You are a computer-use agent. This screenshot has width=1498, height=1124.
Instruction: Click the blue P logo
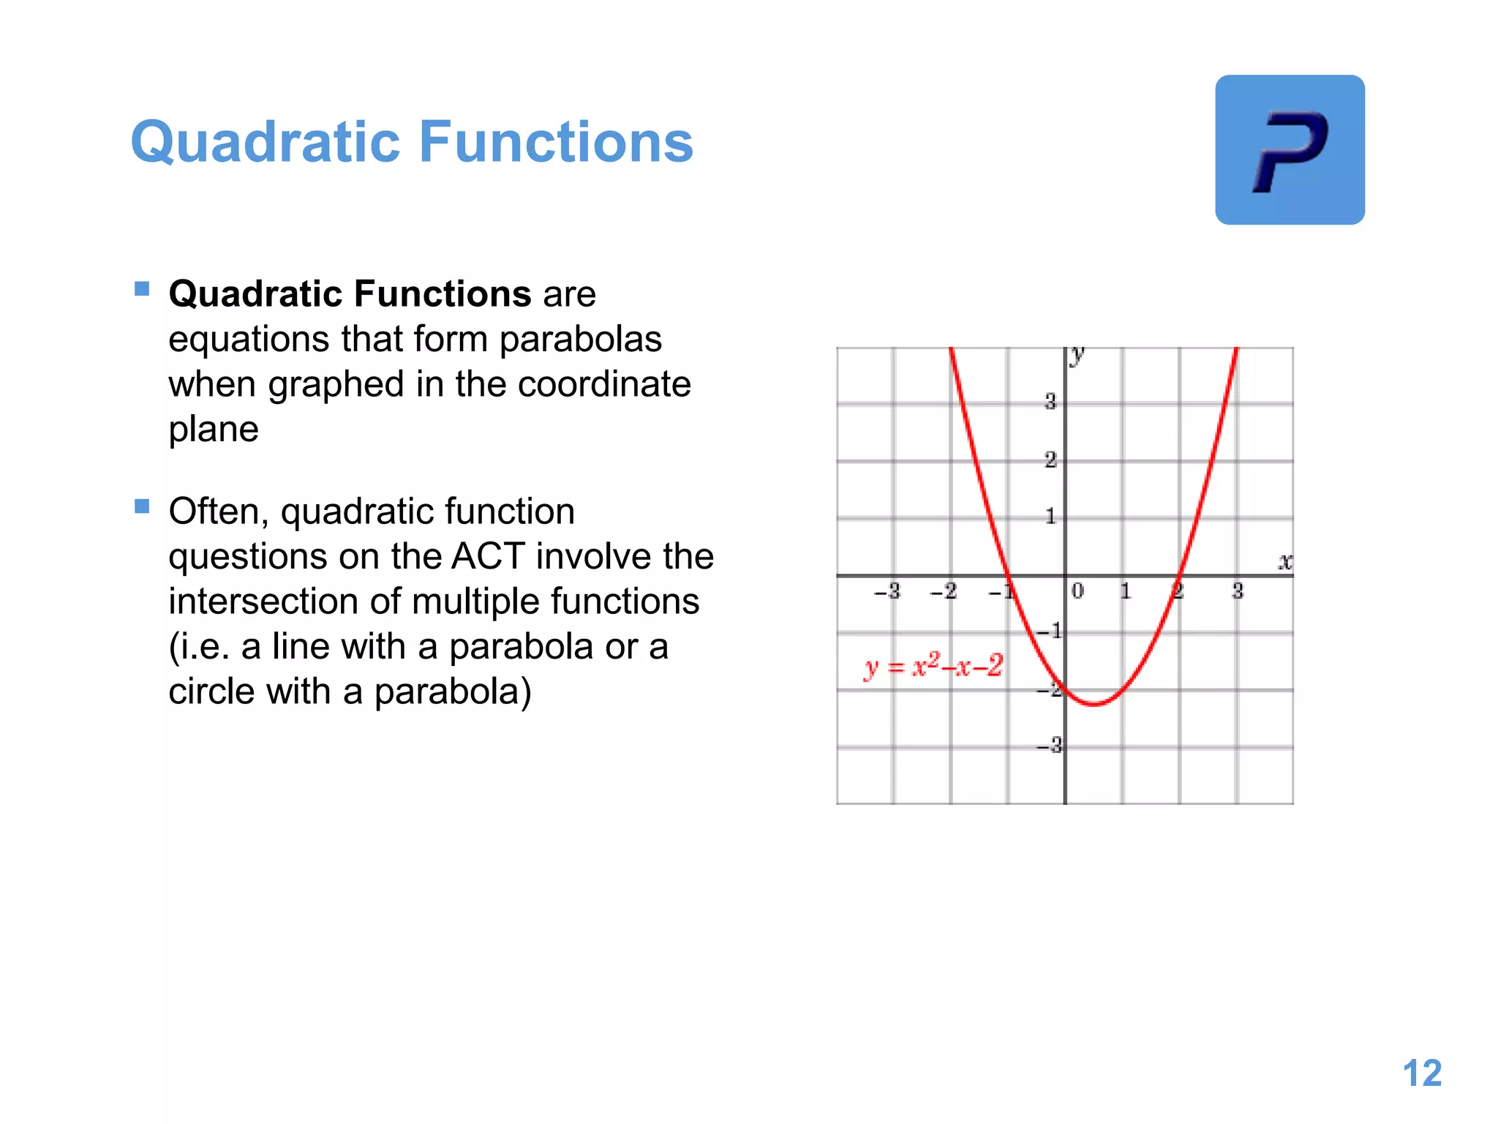coord(1290,150)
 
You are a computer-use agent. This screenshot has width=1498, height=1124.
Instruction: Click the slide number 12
coord(1421,1074)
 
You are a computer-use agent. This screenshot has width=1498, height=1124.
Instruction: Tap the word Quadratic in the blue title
coord(265,142)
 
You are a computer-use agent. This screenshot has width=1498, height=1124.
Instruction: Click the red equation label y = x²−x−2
coord(933,666)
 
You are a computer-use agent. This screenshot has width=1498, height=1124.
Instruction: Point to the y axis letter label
coord(1077,356)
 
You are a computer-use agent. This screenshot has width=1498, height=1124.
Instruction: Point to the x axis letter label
coord(1284,561)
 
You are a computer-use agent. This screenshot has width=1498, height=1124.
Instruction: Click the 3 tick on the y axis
coord(1050,401)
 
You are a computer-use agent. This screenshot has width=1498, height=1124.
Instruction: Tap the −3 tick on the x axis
coord(887,591)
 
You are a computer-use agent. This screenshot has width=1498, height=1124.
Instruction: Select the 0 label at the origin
coord(1077,591)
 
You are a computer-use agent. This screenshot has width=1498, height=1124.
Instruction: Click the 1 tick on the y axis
coord(1050,517)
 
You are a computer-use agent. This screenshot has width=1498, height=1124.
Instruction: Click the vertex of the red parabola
coord(1094,704)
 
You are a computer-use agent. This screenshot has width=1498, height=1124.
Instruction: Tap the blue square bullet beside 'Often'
coord(142,506)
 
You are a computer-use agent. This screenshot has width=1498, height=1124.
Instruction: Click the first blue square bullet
coord(142,289)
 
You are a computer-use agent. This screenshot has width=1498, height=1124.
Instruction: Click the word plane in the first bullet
coord(213,430)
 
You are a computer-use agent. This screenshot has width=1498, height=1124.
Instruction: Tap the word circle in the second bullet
coord(211,692)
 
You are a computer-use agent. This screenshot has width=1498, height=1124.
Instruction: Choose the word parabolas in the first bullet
coord(580,340)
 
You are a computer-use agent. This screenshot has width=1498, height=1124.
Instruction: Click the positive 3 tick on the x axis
coord(1237,591)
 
